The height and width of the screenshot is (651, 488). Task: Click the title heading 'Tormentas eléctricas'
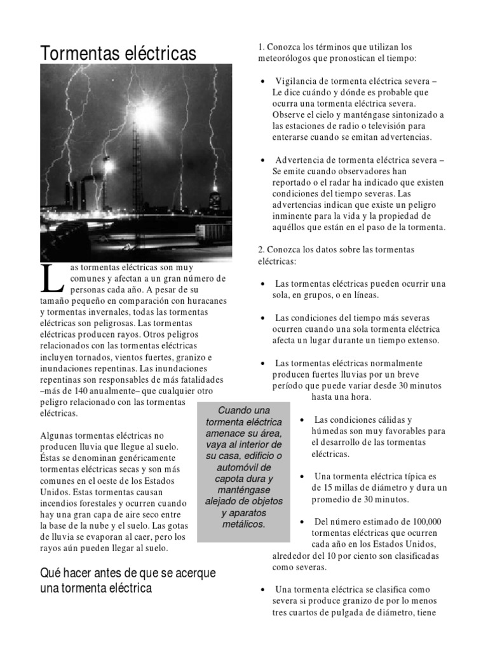(118, 54)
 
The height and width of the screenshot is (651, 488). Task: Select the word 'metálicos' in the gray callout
(243, 524)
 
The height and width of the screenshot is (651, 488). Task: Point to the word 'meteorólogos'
(286, 58)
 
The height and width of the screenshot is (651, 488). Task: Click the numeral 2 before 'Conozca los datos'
(261, 249)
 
